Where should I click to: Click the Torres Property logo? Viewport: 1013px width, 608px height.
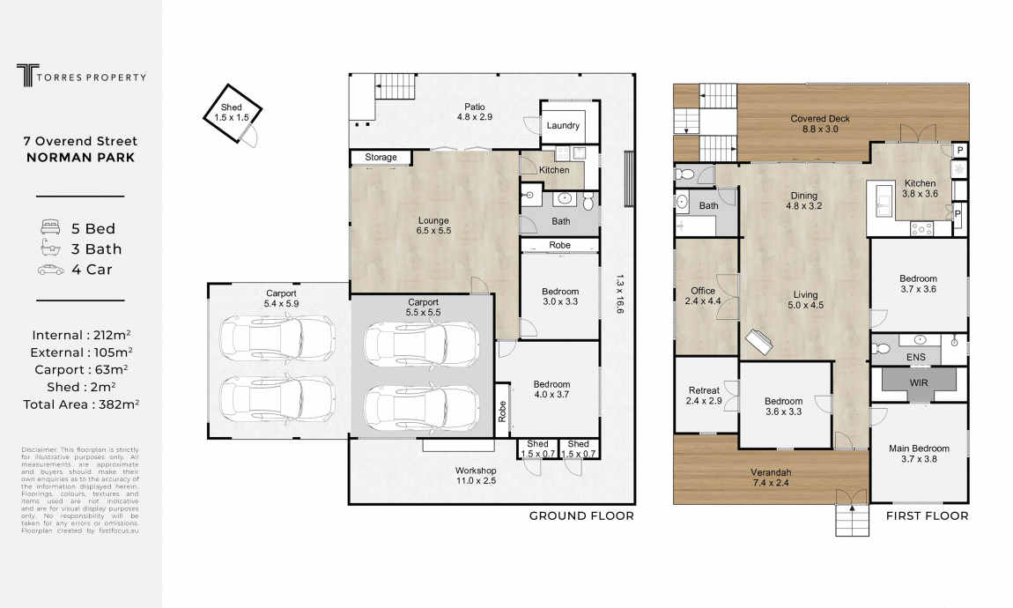tap(81, 76)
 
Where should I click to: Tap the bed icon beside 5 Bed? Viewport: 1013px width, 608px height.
tap(50, 227)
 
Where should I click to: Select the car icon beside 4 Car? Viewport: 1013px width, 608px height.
tap(50, 270)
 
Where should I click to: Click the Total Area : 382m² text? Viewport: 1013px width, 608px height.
tap(81, 404)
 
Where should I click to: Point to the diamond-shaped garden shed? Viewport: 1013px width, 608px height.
tap(233, 114)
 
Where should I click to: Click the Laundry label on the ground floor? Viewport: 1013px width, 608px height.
tap(563, 125)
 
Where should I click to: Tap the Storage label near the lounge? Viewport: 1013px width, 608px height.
tap(381, 157)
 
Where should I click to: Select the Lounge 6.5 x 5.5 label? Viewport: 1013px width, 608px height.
tap(433, 226)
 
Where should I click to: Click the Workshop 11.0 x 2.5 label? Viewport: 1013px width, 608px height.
tap(477, 476)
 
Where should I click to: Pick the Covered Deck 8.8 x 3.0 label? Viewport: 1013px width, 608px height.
tap(820, 123)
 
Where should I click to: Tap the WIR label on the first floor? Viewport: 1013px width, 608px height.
tap(919, 382)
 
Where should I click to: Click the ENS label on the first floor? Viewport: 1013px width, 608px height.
tap(915, 357)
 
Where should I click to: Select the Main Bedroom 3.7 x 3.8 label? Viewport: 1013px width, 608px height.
tap(920, 454)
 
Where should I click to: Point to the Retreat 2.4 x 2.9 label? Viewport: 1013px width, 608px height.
tap(704, 396)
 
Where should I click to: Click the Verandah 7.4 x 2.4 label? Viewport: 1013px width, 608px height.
tap(771, 478)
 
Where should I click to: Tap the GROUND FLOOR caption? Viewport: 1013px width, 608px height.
tap(581, 515)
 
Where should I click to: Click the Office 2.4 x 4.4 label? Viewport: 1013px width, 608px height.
tap(703, 296)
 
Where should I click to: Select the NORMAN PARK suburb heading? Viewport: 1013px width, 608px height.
tap(81, 157)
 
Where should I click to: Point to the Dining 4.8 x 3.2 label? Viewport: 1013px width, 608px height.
tap(803, 201)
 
